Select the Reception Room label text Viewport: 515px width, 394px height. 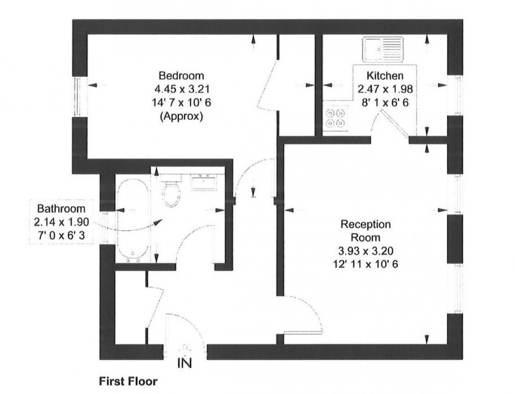point(366,231)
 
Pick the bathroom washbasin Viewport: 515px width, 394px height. point(203,182)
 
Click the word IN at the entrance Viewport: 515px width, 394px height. point(184,363)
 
